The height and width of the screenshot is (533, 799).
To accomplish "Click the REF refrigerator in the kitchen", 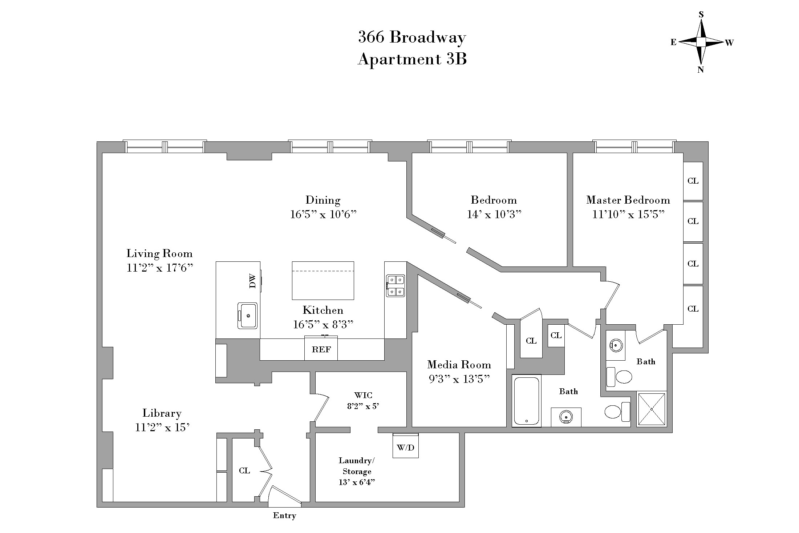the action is point(321,349).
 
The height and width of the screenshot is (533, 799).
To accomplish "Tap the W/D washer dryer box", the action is point(405,447).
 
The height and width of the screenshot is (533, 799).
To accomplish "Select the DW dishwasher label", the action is point(253,281).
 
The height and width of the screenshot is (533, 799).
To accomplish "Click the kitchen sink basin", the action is point(248,316).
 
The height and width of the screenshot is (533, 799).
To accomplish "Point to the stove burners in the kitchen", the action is point(395,286).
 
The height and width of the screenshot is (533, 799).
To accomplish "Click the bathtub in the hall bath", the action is point(527,401).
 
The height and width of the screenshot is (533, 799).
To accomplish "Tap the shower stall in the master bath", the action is point(652,409).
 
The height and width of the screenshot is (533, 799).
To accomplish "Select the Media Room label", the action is point(459,365).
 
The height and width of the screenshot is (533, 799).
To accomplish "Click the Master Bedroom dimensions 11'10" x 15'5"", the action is point(628,215).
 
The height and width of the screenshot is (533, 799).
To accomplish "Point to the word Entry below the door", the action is point(284,516).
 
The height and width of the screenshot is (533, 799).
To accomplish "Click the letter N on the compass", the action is point(701,70).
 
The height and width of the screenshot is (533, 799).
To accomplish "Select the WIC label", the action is point(363,395).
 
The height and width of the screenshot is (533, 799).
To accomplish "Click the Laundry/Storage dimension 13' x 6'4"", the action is point(357,482).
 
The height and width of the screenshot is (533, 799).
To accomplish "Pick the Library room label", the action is point(162,413).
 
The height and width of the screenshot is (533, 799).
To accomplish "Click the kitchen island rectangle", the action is point(323,281).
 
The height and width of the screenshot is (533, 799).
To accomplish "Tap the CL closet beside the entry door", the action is point(244,470).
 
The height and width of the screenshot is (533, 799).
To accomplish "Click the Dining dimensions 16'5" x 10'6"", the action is point(323,215).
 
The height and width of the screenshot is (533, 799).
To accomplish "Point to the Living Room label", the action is point(159,253).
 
